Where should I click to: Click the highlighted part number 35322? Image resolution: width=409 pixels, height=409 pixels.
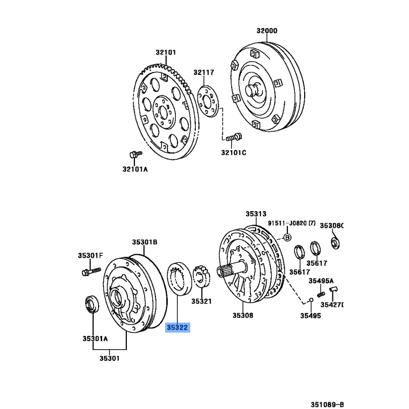pyautogui.click(x=177, y=327)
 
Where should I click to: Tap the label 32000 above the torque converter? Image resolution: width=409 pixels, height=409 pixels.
pyautogui.click(x=267, y=31)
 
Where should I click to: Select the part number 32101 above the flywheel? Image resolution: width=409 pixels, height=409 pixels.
pyautogui.click(x=166, y=52)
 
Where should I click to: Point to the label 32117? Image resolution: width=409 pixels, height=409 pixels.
pyautogui.click(x=203, y=72)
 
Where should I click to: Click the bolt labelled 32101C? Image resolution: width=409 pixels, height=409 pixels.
pyautogui.click(x=234, y=137)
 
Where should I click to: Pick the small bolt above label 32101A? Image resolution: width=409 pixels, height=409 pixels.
pyautogui.click(x=135, y=154)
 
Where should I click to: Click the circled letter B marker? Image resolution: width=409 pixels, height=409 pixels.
pyautogui.click(x=287, y=237)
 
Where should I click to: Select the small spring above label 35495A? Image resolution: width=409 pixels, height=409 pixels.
pyautogui.click(x=321, y=293)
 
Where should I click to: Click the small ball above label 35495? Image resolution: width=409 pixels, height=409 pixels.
pyautogui.click(x=311, y=300)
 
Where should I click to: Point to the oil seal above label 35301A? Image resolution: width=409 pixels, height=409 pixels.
pyautogui.click(x=92, y=304)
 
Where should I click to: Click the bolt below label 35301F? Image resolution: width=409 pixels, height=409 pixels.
pyautogui.click(x=91, y=271)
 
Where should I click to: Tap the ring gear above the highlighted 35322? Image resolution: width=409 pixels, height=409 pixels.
pyautogui.click(x=179, y=279)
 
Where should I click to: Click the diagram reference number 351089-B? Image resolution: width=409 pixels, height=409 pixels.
pyautogui.click(x=327, y=404)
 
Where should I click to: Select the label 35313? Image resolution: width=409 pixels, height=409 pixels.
pyautogui.click(x=256, y=214)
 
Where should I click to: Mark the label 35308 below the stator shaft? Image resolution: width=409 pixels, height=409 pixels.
pyautogui.click(x=243, y=315)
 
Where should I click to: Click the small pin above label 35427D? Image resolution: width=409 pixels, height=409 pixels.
pyautogui.click(x=333, y=289)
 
